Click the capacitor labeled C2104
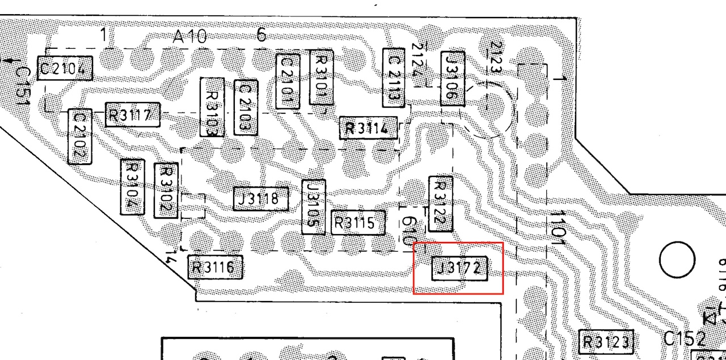click(64, 69)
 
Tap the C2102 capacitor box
click(79, 137)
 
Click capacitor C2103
click(246, 107)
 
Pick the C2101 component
click(288, 81)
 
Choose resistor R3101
click(321, 78)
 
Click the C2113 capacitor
click(394, 78)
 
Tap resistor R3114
click(368, 128)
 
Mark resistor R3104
click(132, 187)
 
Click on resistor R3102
click(166, 190)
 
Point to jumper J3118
click(261, 199)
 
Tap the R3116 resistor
click(215, 267)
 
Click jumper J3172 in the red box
click(459, 268)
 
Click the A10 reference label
click(190, 38)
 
